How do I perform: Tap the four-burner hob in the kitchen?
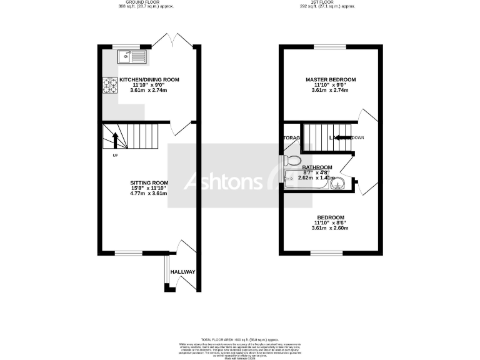coord(110,85)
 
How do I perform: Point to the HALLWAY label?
coord(183,272)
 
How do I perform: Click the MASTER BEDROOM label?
coord(330,80)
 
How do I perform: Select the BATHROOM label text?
coord(317,167)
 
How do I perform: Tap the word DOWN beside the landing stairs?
coord(359,137)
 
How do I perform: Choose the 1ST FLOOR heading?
coord(330,3)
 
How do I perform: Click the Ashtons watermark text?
coord(223,181)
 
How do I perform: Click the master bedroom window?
coord(330,46)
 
